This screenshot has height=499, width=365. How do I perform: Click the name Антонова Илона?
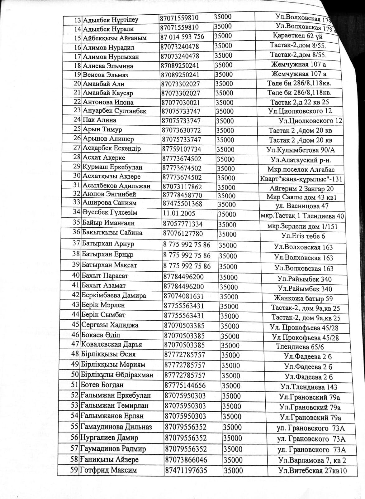pyautogui.click(x=108, y=102)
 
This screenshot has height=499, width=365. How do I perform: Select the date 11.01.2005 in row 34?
pyautogui.click(x=179, y=214)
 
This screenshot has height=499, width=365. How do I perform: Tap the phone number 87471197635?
pyautogui.click(x=186, y=470)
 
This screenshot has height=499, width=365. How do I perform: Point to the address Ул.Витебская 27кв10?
pyautogui.click(x=313, y=471)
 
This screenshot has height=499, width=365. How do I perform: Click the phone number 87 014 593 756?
pyautogui.click(x=182, y=37)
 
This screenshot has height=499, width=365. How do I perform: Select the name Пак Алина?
pyautogui.click(x=100, y=120)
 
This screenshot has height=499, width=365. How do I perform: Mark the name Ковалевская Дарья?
pyautogui.click(x=111, y=345)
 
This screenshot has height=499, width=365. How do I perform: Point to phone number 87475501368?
pyautogui.click(x=183, y=204)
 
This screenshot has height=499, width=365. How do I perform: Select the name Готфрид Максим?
pyautogui.click(x=109, y=470)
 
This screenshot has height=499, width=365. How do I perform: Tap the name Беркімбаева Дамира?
pyautogui.click(x=114, y=295)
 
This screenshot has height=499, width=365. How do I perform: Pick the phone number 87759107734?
pyautogui.click(x=182, y=149)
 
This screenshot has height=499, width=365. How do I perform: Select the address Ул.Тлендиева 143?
pyautogui.click(x=309, y=387)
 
